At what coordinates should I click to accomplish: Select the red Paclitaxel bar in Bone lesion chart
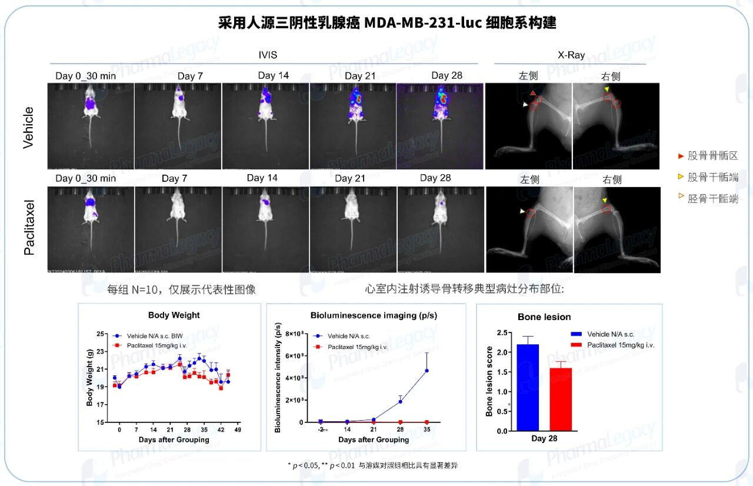561,400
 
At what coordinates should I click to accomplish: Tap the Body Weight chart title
174,315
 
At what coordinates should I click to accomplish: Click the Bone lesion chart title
544,317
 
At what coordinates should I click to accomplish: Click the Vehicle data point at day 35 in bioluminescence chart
427,371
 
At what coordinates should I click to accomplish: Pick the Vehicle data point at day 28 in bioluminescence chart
400,401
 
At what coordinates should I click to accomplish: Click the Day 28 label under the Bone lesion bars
544,438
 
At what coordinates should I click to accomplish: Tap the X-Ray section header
571,55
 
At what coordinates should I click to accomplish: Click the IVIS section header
268,55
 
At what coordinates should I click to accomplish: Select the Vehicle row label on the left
28,127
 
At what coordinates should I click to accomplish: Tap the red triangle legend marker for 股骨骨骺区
681,157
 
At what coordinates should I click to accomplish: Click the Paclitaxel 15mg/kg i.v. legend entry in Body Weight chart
156,345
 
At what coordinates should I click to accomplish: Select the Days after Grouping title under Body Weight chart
174,440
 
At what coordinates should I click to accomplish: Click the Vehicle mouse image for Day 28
440,127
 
